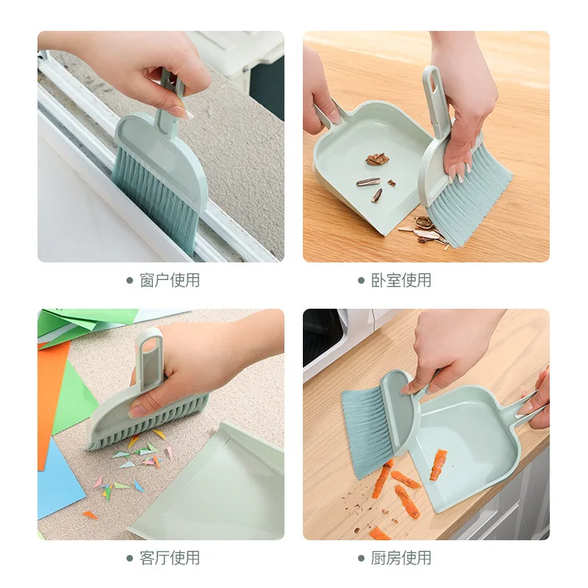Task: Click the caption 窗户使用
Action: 170,280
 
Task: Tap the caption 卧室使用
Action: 401,280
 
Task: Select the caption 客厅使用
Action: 170,558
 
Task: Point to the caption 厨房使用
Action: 401,558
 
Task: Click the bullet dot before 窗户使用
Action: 129,280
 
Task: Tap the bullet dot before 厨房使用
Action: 361,558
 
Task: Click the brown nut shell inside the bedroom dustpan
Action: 377,159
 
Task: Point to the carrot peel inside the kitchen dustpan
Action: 438,463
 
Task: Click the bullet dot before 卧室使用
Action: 361,280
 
